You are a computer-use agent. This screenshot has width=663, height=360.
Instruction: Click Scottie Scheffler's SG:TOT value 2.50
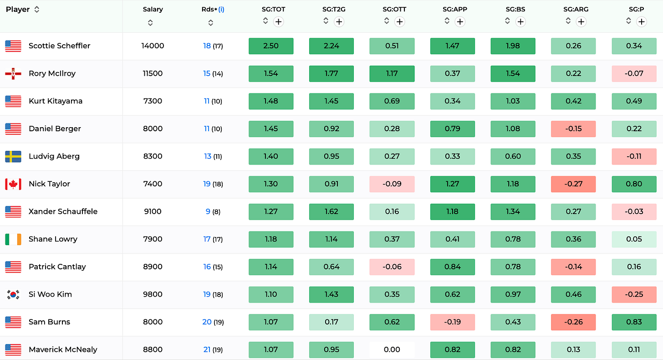point(271,46)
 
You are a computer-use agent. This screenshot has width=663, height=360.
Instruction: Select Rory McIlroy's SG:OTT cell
point(392,73)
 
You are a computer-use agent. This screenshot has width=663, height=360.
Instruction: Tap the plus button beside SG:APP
point(460,21)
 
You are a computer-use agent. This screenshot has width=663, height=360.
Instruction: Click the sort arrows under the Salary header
point(150,23)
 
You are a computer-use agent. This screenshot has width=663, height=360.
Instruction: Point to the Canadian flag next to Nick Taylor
point(13,184)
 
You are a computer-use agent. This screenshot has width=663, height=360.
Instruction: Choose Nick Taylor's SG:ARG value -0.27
point(573,184)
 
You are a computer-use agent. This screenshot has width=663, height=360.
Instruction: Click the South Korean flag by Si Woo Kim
point(13,294)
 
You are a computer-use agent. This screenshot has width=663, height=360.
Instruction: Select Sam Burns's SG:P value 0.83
point(634,322)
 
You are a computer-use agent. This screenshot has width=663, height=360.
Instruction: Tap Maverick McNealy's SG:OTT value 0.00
point(392,350)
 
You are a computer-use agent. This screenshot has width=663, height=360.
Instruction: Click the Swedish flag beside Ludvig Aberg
point(13,156)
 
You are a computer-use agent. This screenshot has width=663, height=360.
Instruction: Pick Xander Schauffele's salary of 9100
point(153,211)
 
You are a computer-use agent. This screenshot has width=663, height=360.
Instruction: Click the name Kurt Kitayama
point(56,101)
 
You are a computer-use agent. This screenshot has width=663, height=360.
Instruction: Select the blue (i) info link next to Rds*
point(221,9)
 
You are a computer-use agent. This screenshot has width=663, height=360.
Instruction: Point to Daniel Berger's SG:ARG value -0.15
point(573,129)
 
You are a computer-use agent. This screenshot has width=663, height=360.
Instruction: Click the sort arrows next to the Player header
point(37,10)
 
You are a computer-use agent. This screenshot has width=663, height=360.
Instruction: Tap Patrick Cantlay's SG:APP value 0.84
point(453,267)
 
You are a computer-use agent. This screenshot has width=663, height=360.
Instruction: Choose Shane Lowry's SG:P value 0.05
point(634,239)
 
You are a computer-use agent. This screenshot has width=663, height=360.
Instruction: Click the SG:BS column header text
point(515,9)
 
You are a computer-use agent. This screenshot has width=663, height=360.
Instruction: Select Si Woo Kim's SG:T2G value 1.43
point(331,294)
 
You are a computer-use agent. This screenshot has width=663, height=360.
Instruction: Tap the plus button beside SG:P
point(642,21)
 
